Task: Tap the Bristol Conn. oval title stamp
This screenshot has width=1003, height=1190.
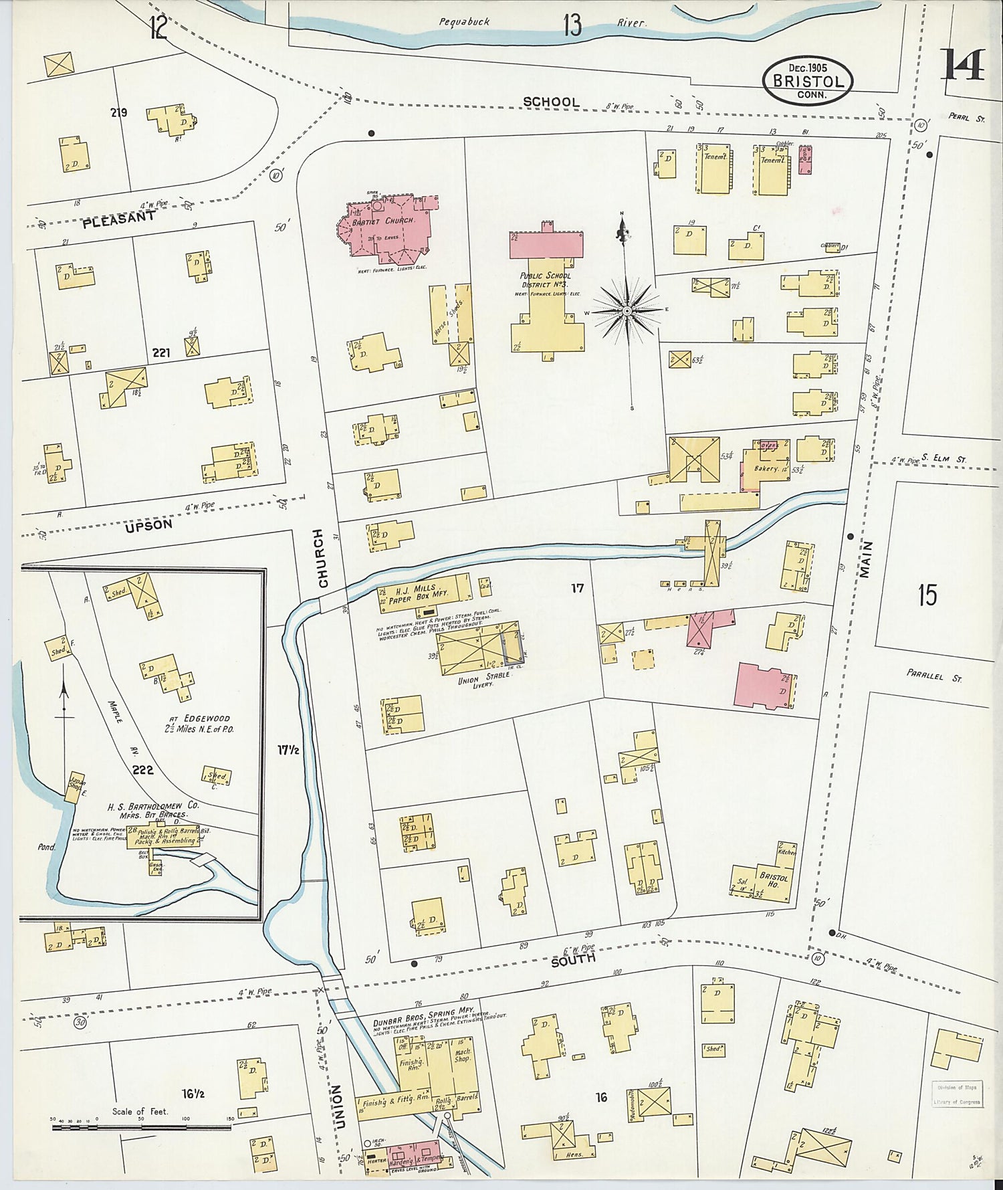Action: click(808, 80)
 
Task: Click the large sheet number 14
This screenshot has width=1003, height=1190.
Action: click(964, 64)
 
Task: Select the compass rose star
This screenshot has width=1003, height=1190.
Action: click(627, 311)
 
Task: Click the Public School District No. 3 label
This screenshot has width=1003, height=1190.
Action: click(546, 280)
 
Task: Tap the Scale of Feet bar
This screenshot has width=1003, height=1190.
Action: click(141, 1127)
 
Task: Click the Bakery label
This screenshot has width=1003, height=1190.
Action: click(766, 469)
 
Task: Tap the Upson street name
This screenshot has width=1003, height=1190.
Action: click(148, 525)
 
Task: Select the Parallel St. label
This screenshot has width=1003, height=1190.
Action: click(934, 676)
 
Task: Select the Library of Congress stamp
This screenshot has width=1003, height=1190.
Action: click(957, 1094)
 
